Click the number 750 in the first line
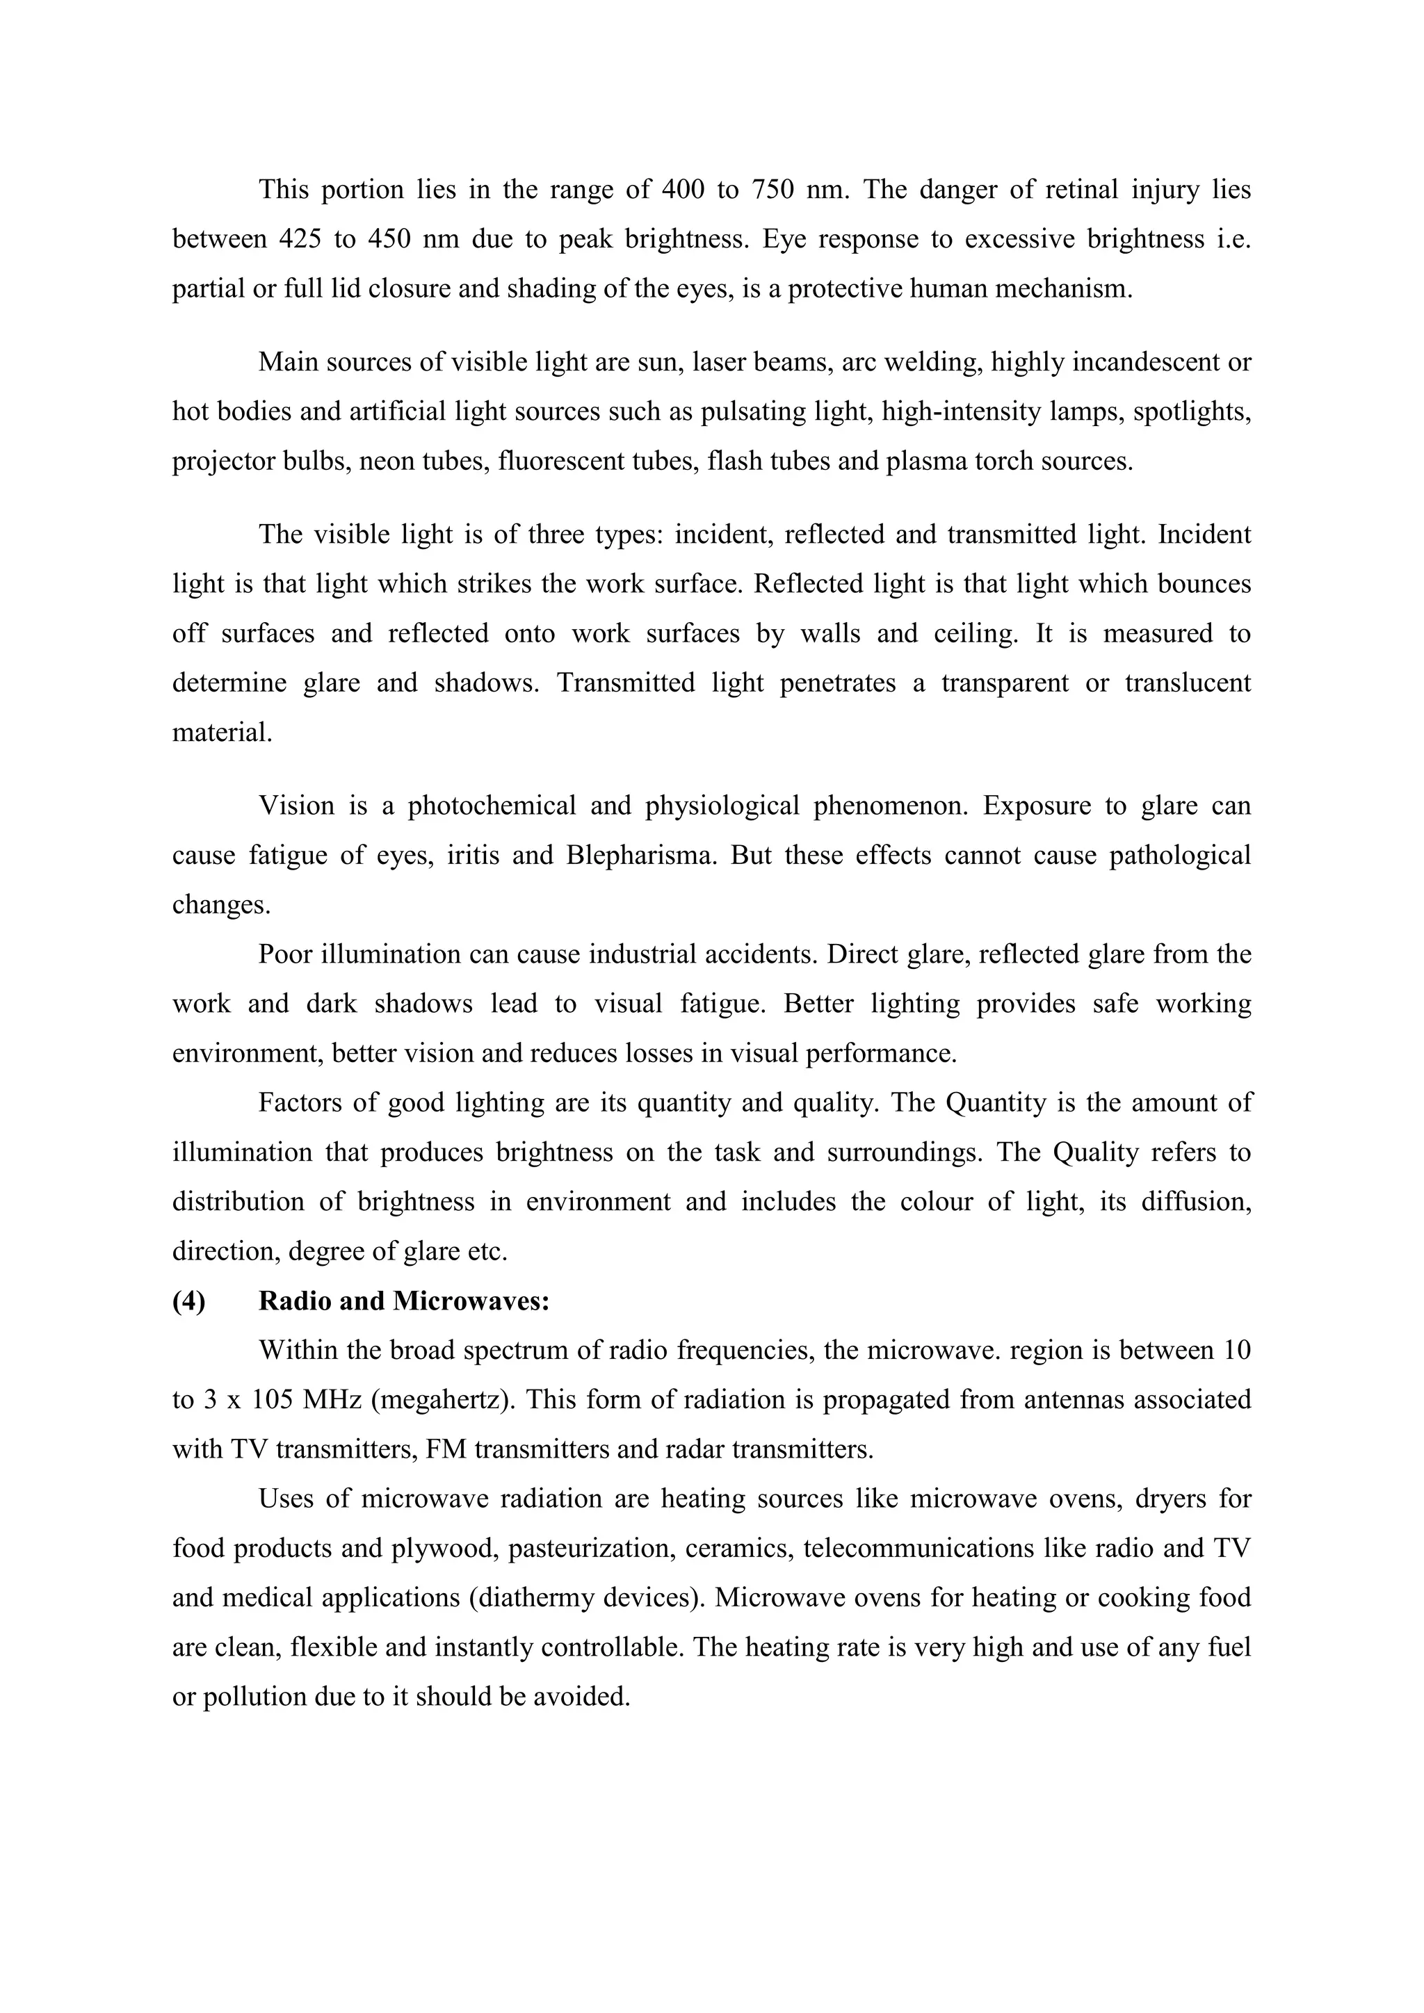point(772,190)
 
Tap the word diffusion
point(1196,1201)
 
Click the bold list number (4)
point(188,1301)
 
